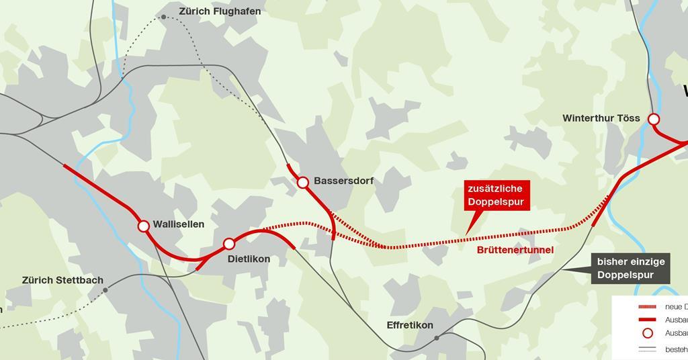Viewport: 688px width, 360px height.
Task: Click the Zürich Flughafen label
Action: tap(220, 11)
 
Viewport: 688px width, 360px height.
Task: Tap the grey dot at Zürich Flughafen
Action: tap(163, 17)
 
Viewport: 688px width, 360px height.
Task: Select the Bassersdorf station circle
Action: tap(302, 182)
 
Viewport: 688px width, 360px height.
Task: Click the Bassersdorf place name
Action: tap(343, 181)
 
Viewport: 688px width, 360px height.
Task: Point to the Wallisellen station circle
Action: tap(143, 226)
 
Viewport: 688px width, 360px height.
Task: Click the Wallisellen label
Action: tap(178, 224)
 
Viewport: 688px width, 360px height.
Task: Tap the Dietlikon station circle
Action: tap(229, 243)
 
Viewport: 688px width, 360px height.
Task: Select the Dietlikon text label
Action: tap(249, 259)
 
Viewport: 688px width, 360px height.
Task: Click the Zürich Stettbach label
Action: tap(58, 280)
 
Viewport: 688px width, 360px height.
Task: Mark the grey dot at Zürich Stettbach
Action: tap(105, 290)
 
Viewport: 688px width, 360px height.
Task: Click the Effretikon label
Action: tap(410, 325)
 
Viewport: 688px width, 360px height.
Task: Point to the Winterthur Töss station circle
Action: tap(653, 120)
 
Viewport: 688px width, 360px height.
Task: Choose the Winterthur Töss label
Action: tap(601, 119)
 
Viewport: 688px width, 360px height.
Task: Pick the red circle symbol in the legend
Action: tap(647, 333)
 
